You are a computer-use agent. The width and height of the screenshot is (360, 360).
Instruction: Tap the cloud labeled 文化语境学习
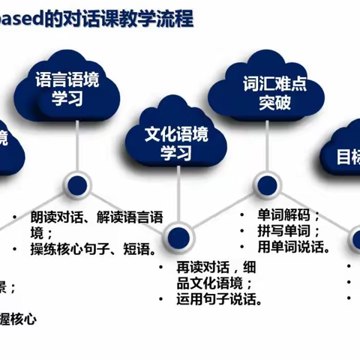coord(177,142)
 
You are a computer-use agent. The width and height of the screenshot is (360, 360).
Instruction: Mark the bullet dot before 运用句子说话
coord(162,301)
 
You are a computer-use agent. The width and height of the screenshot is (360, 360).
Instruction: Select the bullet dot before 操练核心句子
coord(14,248)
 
